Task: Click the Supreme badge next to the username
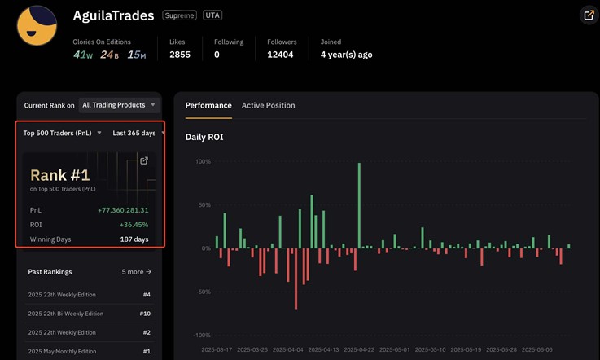pos(179,15)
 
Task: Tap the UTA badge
pos(212,15)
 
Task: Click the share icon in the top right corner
pos(589,15)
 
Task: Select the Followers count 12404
pos(282,55)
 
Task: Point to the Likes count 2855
pos(180,55)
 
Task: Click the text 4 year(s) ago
pos(346,55)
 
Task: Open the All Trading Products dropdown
pos(119,105)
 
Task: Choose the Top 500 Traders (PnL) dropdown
pos(62,133)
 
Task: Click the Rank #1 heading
pos(59,174)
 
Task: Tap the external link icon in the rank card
pos(144,160)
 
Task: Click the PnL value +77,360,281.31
pos(123,210)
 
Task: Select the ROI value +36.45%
pos(134,225)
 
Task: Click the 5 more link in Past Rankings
pos(137,272)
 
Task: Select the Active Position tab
pos(268,105)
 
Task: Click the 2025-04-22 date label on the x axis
pos(359,349)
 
